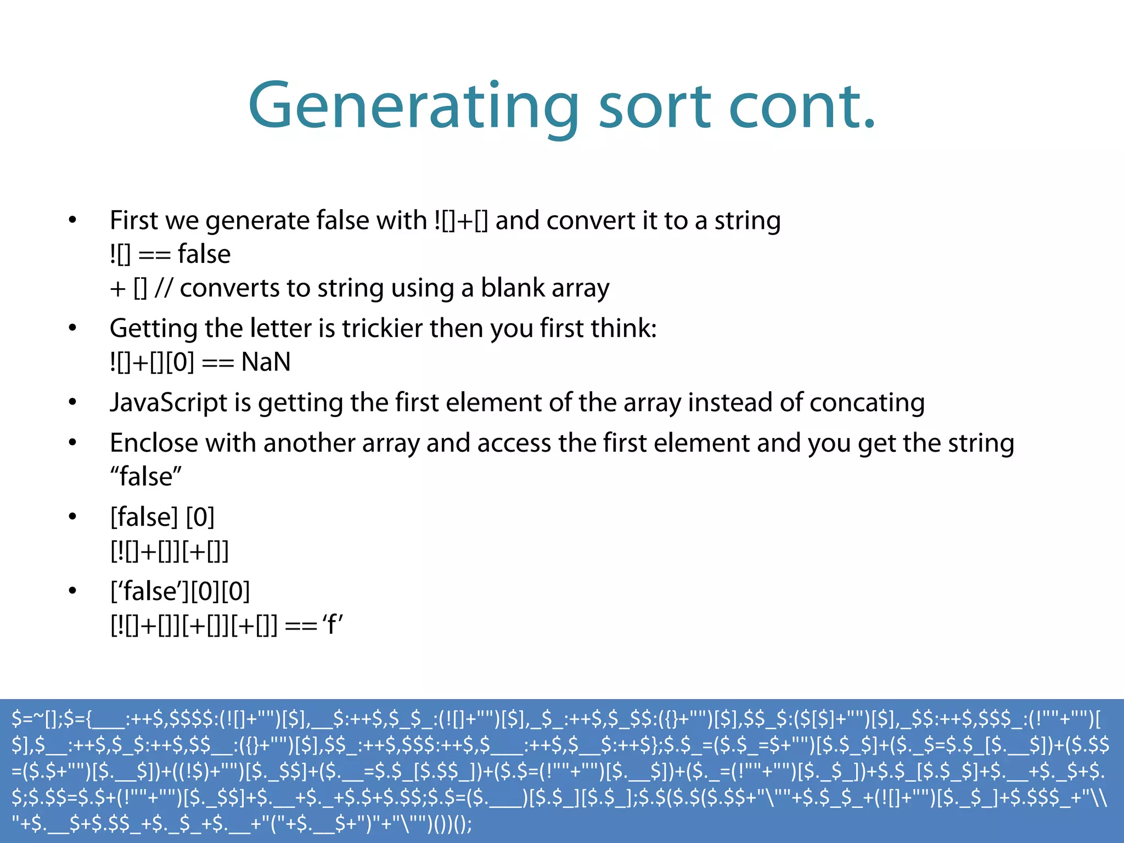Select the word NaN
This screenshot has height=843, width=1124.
coord(266,362)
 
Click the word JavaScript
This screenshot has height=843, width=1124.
coord(168,402)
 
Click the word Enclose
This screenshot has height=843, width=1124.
coord(154,443)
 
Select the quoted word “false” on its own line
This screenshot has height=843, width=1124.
coord(146,476)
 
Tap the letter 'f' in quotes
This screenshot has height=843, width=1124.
coord(333,625)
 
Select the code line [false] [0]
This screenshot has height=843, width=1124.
coord(162,517)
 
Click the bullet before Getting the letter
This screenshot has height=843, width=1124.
coord(72,328)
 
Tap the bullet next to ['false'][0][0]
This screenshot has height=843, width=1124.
coord(72,591)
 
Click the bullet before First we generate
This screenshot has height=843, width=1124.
coord(72,221)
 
